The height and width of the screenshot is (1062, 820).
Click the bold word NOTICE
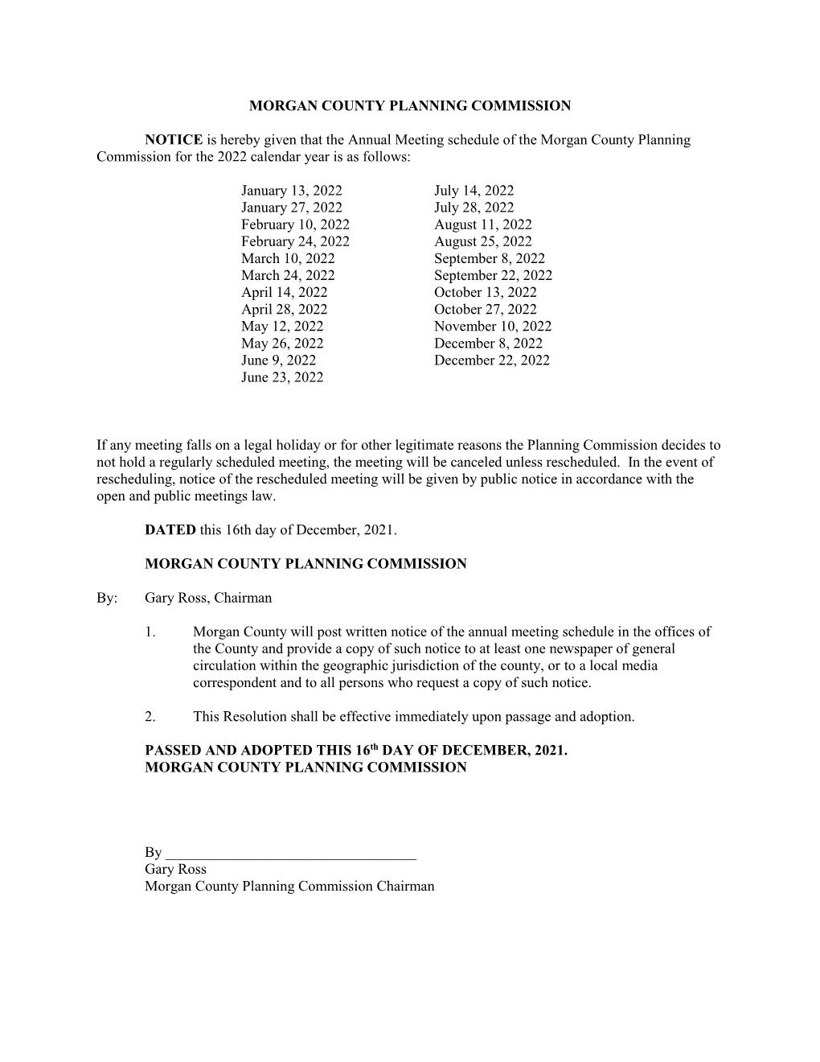[x=173, y=140]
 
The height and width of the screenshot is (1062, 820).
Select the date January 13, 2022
[x=291, y=191]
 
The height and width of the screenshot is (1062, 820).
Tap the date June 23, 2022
[x=282, y=377]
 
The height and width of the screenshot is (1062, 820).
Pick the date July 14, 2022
[x=474, y=191]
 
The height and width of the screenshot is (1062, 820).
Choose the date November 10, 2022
[x=493, y=327]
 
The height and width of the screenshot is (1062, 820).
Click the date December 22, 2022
[x=492, y=360]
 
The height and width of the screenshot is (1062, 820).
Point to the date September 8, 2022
[x=489, y=259]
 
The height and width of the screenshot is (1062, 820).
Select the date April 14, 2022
[x=284, y=293]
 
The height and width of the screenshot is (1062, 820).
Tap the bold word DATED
[x=170, y=530]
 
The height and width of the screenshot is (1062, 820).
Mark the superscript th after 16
[x=373, y=747]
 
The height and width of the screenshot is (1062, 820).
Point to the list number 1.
[x=150, y=632]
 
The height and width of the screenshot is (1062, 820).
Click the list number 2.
[x=150, y=717]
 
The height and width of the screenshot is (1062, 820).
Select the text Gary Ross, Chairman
[x=208, y=599]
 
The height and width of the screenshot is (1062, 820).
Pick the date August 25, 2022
[x=482, y=242]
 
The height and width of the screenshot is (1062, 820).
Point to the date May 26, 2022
[x=282, y=344]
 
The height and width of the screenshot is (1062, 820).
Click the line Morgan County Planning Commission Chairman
[x=289, y=887]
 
